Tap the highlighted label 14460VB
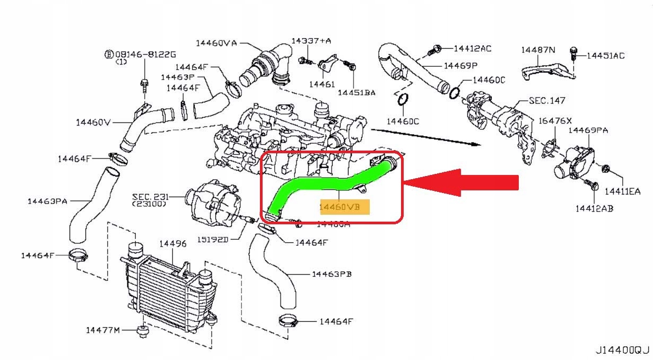343,207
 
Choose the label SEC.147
547,100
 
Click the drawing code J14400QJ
622,350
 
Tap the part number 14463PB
332,274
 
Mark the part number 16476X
555,121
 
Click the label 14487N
538,50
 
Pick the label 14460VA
216,43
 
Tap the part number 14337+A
311,41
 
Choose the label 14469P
460,66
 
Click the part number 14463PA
47,201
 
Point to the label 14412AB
594,208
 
